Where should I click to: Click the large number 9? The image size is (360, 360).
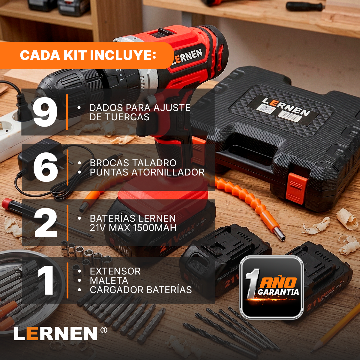[x=45, y=112]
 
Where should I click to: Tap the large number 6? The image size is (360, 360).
[x=46, y=167]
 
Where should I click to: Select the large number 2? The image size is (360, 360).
[x=46, y=223]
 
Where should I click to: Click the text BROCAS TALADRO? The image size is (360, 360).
[x=133, y=163]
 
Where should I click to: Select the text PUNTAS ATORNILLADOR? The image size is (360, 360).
[x=147, y=172]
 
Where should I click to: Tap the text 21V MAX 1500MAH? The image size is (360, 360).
[x=133, y=228]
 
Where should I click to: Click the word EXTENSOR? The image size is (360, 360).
[x=115, y=271]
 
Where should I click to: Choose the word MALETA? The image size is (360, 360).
[x=109, y=280]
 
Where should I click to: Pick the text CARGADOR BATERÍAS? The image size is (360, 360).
[x=141, y=290]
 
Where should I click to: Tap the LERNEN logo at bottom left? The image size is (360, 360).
[x=56, y=333]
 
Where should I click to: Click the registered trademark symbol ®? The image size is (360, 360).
[x=103, y=330]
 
